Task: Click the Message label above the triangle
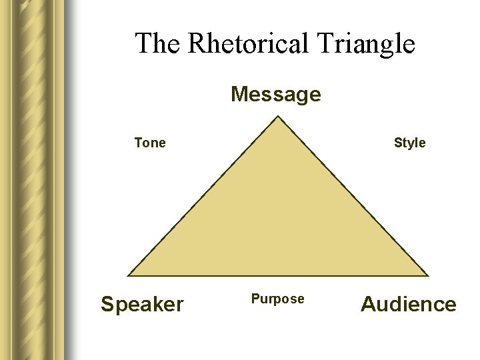click(x=276, y=95)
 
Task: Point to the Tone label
click(x=150, y=143)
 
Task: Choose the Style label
click(x=409, y=143)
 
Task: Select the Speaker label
click(x=142, y=305)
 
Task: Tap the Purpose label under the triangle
click(x=277, y=299)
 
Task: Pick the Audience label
click(x=409, y=305)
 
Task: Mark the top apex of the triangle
click(x=278, y=117)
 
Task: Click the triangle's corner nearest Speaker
click(x=129, y=275)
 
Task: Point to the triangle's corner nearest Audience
click(x=427, y=275)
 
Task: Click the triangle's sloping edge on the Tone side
click(x=203, y=197)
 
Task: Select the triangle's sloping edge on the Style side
click(x=352, y=197)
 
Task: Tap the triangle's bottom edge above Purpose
click(x=277, y=275)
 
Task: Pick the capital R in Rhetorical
click(x=196, y=44)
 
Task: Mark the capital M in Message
click(x=239, y=95)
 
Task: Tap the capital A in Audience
click(x=369, y=305)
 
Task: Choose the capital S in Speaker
click(x=107, y=305)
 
